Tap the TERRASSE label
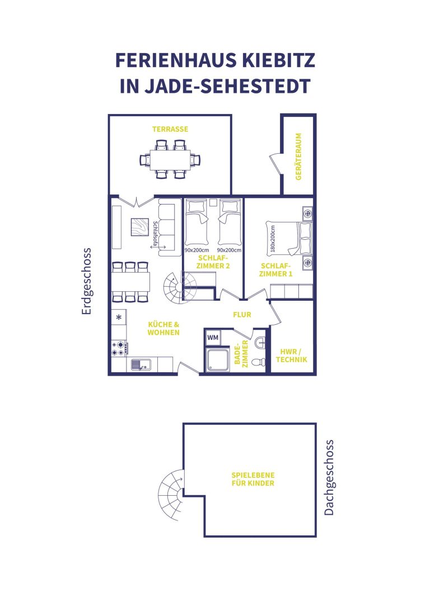(x=170, y=129)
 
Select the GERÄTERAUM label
(x=298, y=157)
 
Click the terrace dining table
(x=170, y=159)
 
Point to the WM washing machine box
(x=212, y=338)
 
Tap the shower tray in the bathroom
(x=218, y=359)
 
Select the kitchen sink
(x=141, y=364)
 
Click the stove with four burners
(x=119, y=348)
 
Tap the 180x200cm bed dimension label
(x=273, y=239)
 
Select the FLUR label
(x=242, y=315)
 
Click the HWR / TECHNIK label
(x=292, y=356)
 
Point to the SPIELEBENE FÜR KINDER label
(x=253, y=479)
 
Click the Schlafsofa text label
(x=155, y=234)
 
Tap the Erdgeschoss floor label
(x=86, y=281)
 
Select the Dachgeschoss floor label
(x=329, y=478)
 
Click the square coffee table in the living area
(x=139, y=227)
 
